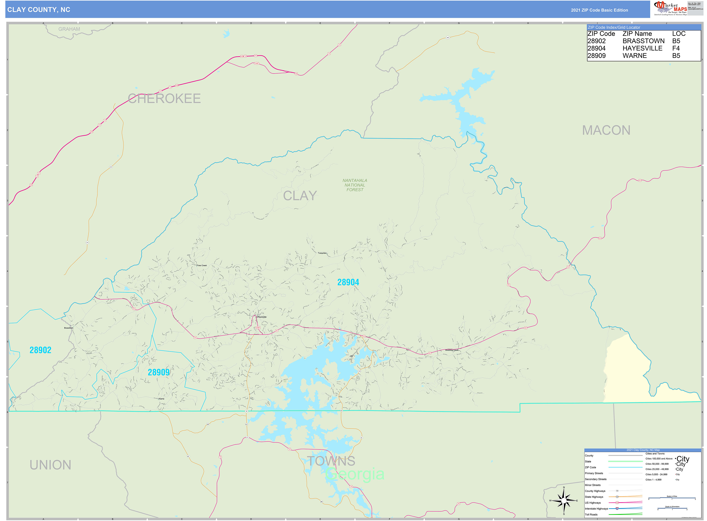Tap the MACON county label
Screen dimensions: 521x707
tap(606, 130)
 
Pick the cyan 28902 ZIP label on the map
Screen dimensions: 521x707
tap(40, 350)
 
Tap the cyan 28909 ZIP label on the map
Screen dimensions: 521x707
tap(159, 373)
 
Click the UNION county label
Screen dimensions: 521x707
tap(50, 465)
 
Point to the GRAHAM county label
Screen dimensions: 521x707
tap(69, 29)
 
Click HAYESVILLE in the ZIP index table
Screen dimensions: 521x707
tap(642, 48)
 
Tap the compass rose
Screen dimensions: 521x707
tap(564, 501)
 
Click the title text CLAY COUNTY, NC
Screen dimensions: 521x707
tap(39, 10)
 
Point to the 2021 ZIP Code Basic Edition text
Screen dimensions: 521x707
tap(599, 10)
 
